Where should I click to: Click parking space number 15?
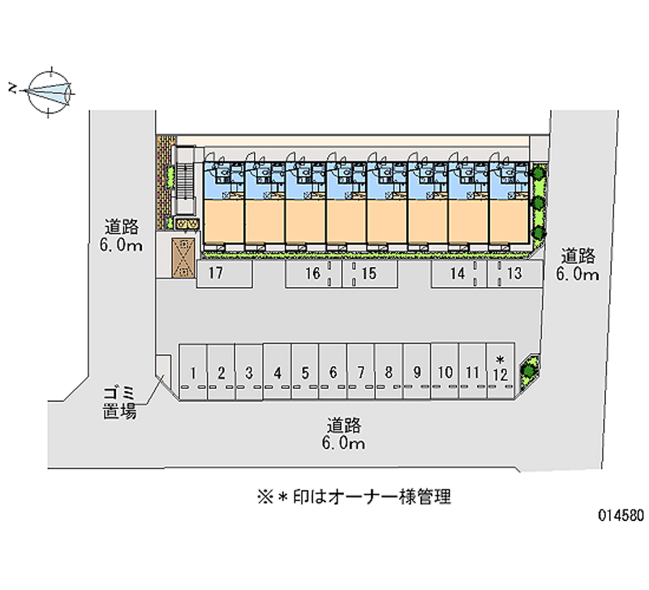(369, 274)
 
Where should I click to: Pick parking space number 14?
(458, 274)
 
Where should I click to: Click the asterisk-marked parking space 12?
(500, 370)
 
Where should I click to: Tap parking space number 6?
(333, 373)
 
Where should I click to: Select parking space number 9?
(416, 373)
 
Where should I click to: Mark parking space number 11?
(472, 373)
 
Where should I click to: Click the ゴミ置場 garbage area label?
(119, 403)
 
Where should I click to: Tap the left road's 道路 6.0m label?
(122, 235)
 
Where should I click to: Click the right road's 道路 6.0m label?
(577, 265)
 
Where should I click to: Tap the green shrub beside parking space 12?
(530, 368)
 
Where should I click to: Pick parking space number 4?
(277, 373)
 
